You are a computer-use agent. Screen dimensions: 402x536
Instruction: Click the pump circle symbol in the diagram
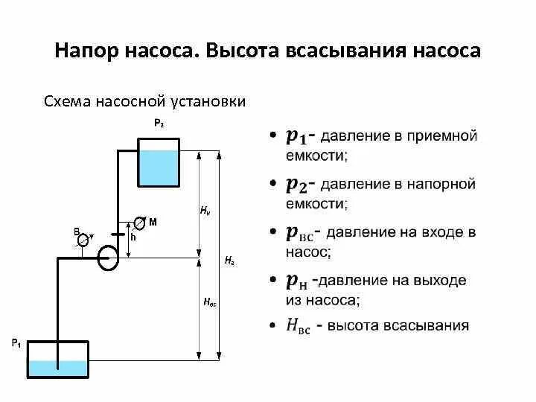point(109,258)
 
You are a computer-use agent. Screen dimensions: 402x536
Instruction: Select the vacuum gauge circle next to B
point(85,238)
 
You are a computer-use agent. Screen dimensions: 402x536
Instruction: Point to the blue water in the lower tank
point(57,368)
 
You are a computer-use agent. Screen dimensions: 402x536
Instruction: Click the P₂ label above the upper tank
point(159,124)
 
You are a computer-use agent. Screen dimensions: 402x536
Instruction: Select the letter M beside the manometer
point(153,222)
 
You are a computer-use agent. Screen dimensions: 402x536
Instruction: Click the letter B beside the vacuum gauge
point(76,232)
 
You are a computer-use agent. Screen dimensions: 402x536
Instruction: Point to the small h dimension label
point(133,237)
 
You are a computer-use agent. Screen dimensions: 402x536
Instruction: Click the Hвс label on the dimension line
point(209,302)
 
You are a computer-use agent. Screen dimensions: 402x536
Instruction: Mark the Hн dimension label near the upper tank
point(205,211)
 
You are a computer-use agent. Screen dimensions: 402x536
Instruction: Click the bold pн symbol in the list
point(296,281)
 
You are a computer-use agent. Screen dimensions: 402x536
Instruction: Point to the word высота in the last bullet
point(357,325)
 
